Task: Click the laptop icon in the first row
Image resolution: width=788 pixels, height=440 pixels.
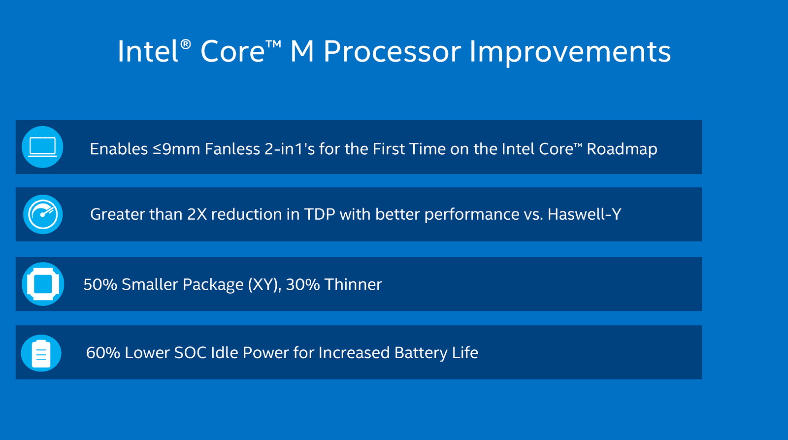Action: coord(42,147)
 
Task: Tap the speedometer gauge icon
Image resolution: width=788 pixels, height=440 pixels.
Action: coord(43,214)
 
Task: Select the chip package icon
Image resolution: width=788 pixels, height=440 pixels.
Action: coord(43,284)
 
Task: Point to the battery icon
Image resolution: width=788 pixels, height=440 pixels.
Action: coord(41,353)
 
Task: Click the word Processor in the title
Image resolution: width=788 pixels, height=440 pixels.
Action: coord(392,52)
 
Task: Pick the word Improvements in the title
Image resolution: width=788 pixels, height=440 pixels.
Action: coord(570,52)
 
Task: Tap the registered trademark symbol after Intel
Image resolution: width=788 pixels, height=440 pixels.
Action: coord(185,44)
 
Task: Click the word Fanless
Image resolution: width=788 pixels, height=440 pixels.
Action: coord(232,149)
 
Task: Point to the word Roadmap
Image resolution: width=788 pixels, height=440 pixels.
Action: coord(622,149)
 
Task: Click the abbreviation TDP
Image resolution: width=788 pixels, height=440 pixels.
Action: coord(320,214)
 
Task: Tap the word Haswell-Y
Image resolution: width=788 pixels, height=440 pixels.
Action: coord(584,214)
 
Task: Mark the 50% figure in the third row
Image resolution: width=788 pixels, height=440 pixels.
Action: coord(100,284)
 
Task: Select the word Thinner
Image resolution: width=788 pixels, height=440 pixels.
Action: coord(353,284)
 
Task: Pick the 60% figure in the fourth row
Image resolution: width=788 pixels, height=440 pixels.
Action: coord(103,352)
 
